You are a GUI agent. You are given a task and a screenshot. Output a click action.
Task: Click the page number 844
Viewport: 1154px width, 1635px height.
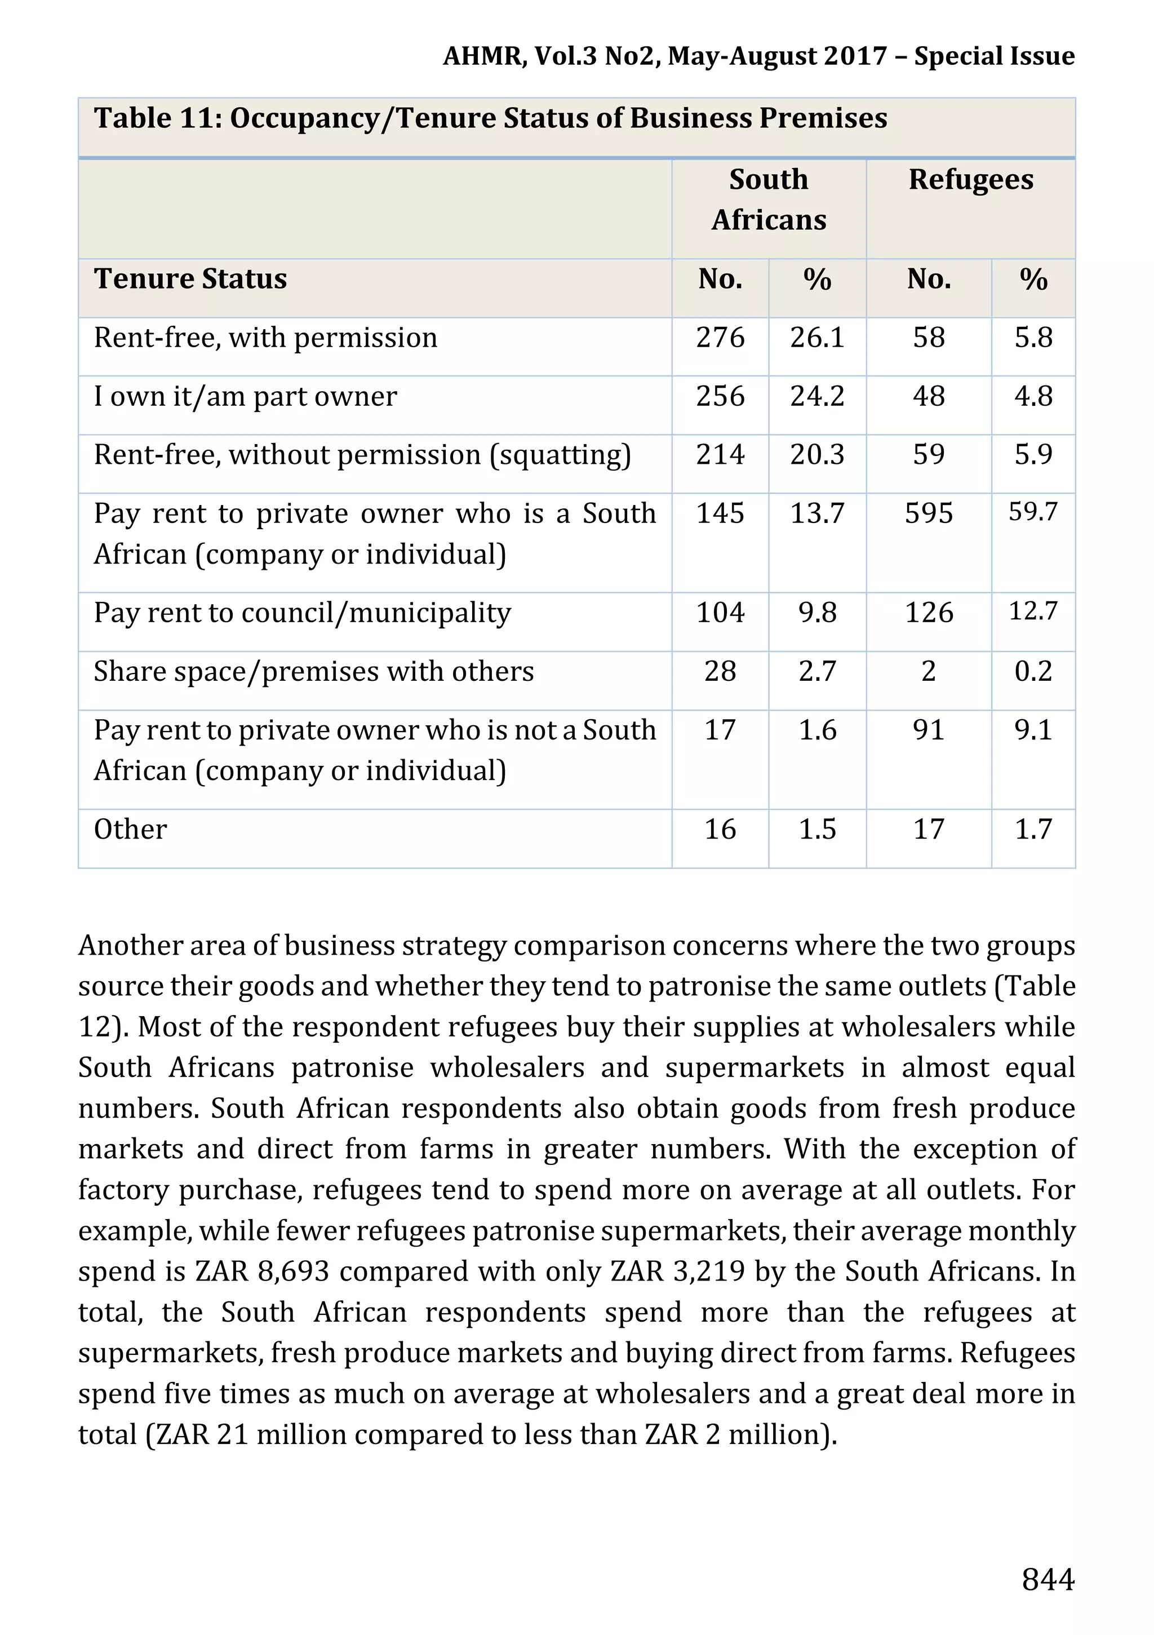tap(1047, 1579)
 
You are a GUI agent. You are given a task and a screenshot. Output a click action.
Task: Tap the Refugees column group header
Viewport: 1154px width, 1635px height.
tap(970, 179)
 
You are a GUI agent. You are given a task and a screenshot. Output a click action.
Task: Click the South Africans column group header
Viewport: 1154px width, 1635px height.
tap(769, 200)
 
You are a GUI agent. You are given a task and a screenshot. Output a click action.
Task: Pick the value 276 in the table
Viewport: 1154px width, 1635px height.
tap(720, 338)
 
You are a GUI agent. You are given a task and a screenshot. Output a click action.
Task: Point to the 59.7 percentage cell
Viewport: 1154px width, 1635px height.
tap(1033, 512)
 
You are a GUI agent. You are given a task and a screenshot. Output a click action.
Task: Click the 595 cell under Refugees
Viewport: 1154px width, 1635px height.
tap(928, 513)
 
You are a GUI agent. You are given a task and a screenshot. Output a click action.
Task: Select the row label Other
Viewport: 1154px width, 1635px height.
tap(130, 830)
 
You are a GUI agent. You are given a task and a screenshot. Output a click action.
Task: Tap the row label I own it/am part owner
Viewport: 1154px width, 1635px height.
tap(245, 397)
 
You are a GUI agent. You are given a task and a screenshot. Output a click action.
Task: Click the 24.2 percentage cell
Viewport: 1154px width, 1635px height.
tap(816, 397)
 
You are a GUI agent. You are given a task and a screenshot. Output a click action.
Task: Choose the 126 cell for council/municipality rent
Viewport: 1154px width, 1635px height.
tap(928, 613)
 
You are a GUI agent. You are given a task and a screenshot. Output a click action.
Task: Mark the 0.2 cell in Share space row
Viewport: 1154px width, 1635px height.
tap(1033, 671)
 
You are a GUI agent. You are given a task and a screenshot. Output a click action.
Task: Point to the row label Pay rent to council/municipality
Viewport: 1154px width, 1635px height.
tap(302, 613)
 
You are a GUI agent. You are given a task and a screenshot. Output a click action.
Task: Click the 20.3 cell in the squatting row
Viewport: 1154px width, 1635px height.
tap(816, 455)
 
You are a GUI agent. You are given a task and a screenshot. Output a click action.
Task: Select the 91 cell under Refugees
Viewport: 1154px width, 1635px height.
tap(928, 730)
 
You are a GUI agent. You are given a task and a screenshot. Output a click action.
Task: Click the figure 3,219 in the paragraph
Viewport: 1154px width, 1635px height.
tap(707, 1271)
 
